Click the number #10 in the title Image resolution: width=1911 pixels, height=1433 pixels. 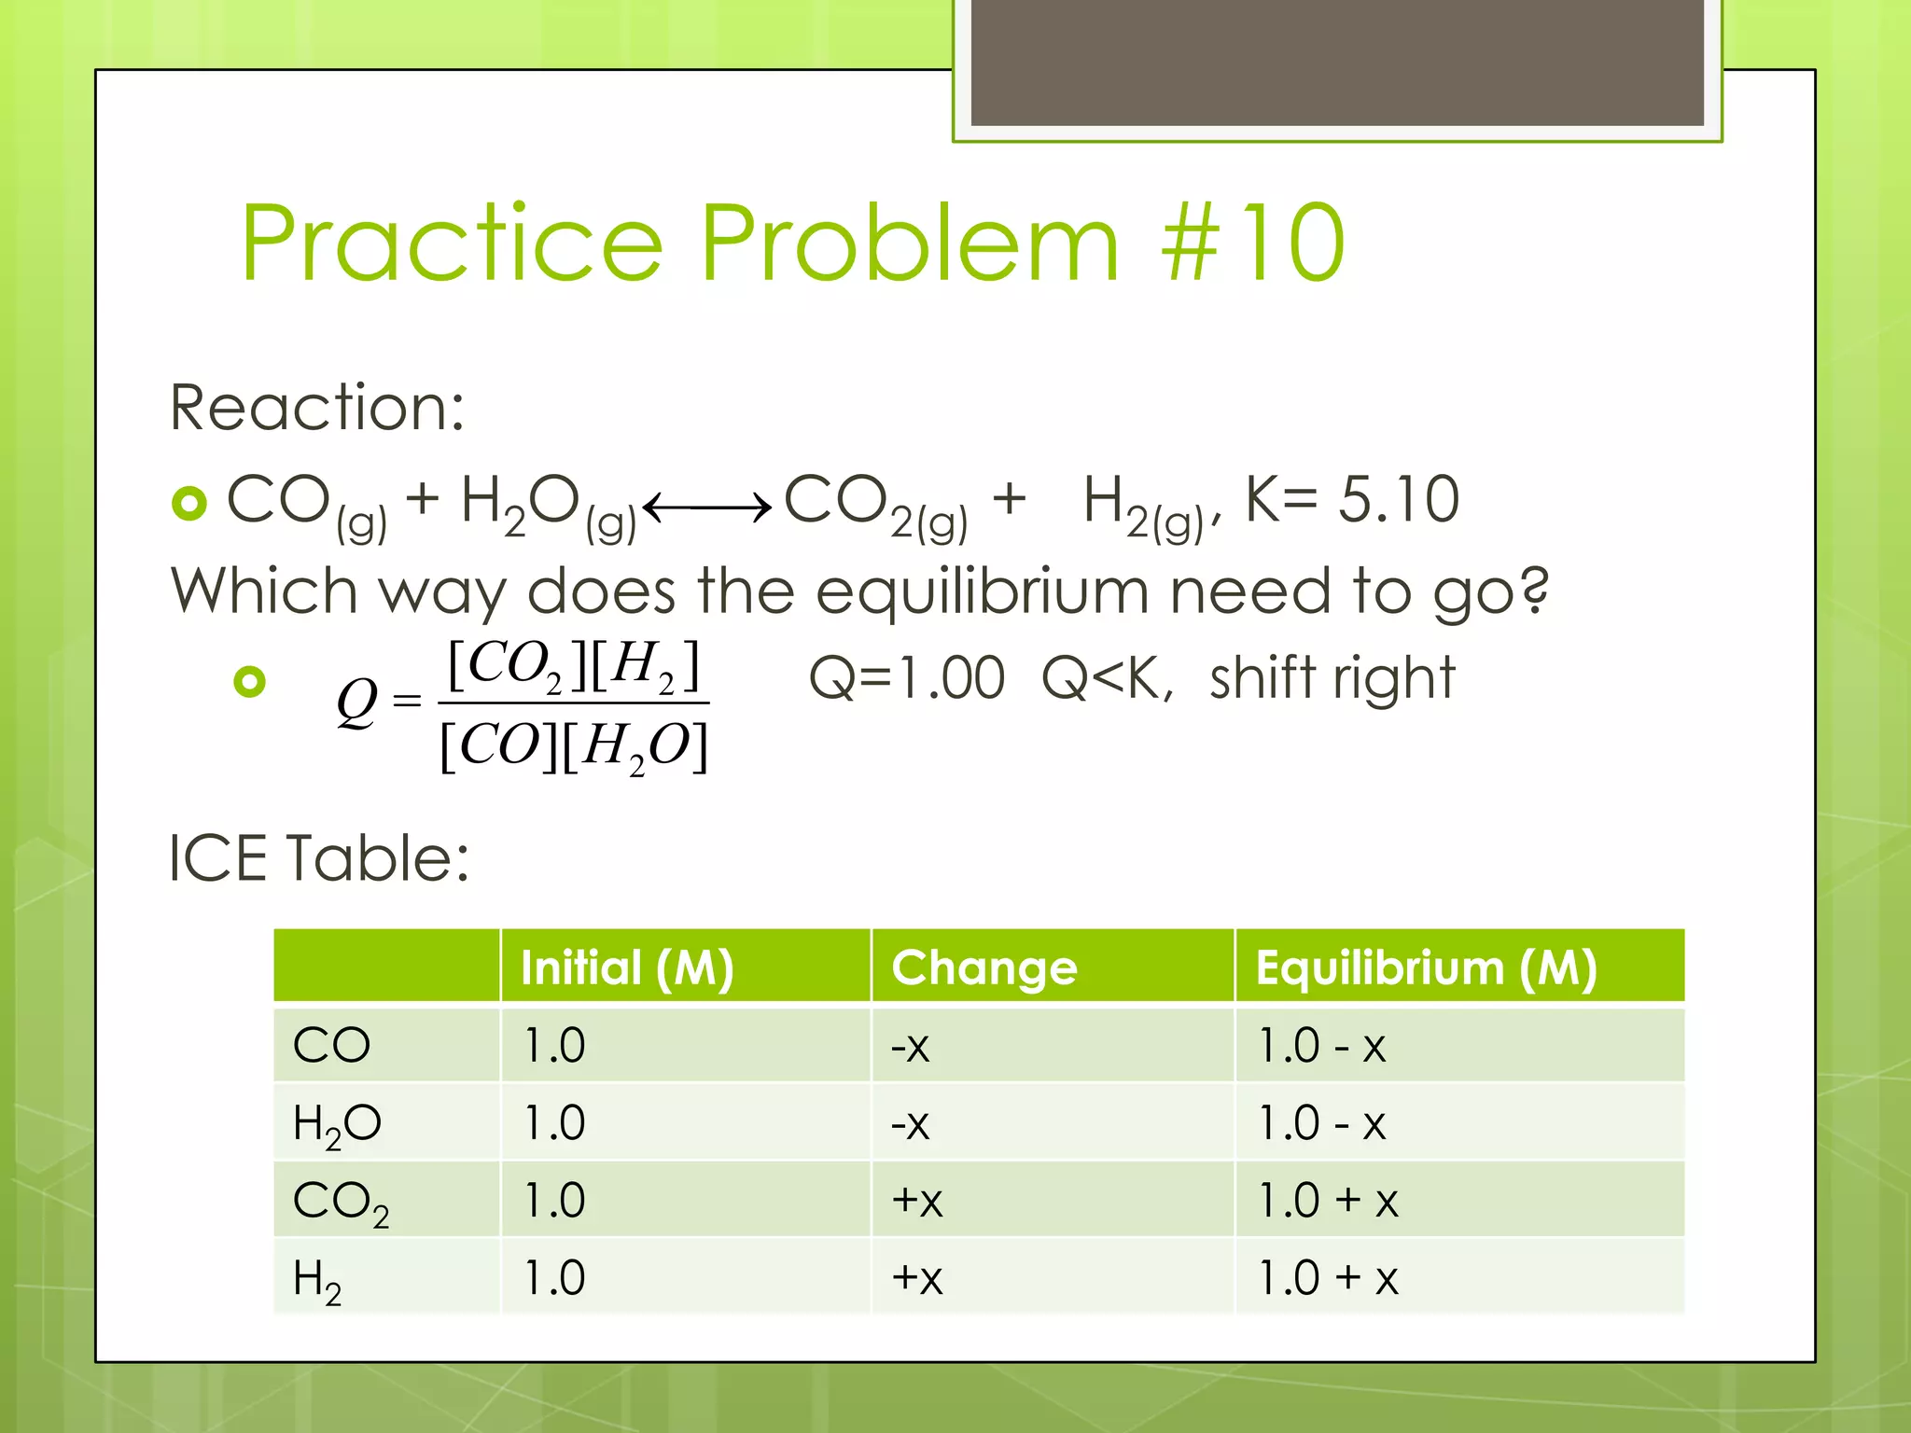point(1252,243)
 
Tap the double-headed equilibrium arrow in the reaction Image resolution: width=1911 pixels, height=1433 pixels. point(707,508)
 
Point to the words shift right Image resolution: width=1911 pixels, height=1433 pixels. point(1332,677)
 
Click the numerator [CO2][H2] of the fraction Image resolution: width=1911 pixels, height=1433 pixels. point(573,666)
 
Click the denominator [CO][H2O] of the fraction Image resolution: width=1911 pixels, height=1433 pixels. point(573,746)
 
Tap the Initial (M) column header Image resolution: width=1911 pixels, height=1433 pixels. point(627,967)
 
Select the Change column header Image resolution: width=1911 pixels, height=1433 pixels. point(983,967)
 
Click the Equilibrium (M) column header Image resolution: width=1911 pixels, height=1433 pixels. point(1426,967)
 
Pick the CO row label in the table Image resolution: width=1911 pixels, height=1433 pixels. point(331,1046)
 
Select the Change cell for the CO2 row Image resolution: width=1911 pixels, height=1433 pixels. point(917,1201)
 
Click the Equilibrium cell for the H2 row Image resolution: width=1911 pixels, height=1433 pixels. point(1328,1278)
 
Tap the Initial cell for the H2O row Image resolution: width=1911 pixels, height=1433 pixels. point(554,1123)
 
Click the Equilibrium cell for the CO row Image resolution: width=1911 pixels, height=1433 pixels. point(1321,1046)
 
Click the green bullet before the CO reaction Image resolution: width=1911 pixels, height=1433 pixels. point(189,504)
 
